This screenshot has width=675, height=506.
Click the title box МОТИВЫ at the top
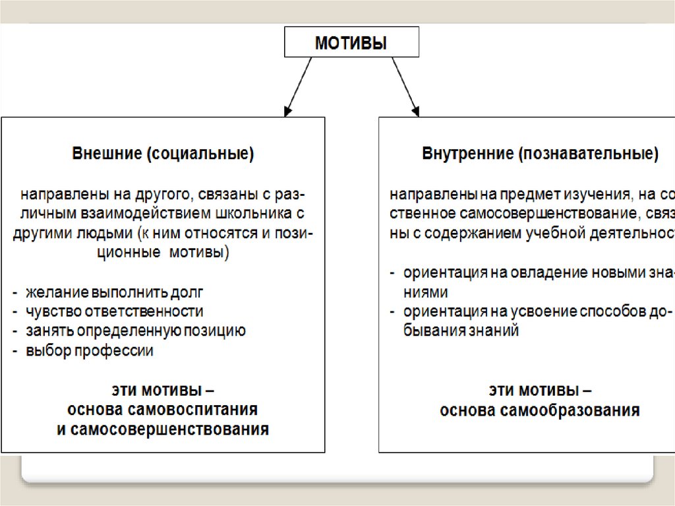pyautogui.click(x=351, y=42)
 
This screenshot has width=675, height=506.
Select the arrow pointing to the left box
pyautogui.click(x=298, y=86)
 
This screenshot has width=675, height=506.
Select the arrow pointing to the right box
pyautogui.click(x=404, y=86)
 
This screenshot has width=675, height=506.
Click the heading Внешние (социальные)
pyautogui.click(x=163, y=154)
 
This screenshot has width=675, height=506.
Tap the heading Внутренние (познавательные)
pyautogui.click(x=540, y=154)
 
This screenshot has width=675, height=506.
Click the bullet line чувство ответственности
pyautogui.click(x=114, y=311)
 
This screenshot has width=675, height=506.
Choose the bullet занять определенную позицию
pyautogui.click(x=135, y=331)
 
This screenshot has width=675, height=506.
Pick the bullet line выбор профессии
pyautogui.click(x=90, y=351)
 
